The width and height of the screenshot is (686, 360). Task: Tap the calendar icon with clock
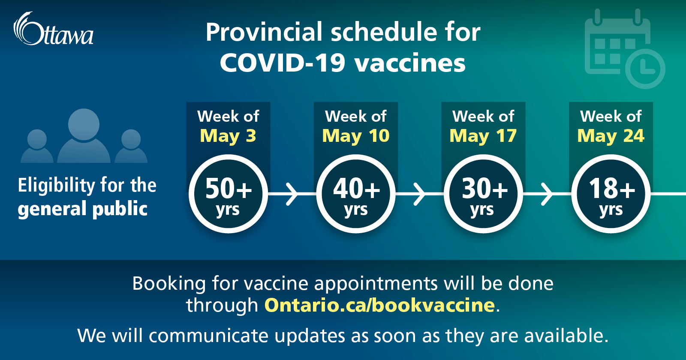[x=625, y=48]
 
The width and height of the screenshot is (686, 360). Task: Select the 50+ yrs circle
[x=229, y=194]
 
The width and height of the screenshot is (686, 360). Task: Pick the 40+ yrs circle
[x=356, y=194]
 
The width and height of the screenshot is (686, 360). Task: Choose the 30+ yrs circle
[x=483, y=194]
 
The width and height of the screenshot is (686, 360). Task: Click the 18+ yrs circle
[x=611, y=194]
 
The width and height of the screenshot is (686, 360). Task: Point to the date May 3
[x=228, y=136]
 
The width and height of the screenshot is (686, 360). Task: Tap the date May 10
[x=356, y=136]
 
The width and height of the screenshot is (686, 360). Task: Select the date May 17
[x=483, y=136]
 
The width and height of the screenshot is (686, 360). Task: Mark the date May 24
[x=611, y=136]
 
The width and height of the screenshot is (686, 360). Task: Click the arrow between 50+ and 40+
[x=292, y=194]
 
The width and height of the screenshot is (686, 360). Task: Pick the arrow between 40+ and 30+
[x=420, y=194]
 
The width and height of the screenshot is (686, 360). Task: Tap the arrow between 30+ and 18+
[x=547, y=194]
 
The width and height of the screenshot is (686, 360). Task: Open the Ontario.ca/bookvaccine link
[x=380, y=305]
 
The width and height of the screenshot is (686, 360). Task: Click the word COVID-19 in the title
[x=283, y=63]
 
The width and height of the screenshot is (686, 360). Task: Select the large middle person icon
[x=84, y=135]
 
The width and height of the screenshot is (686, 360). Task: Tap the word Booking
[x=169, y=283]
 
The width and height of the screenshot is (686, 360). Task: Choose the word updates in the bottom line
[x=310, y=336]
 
